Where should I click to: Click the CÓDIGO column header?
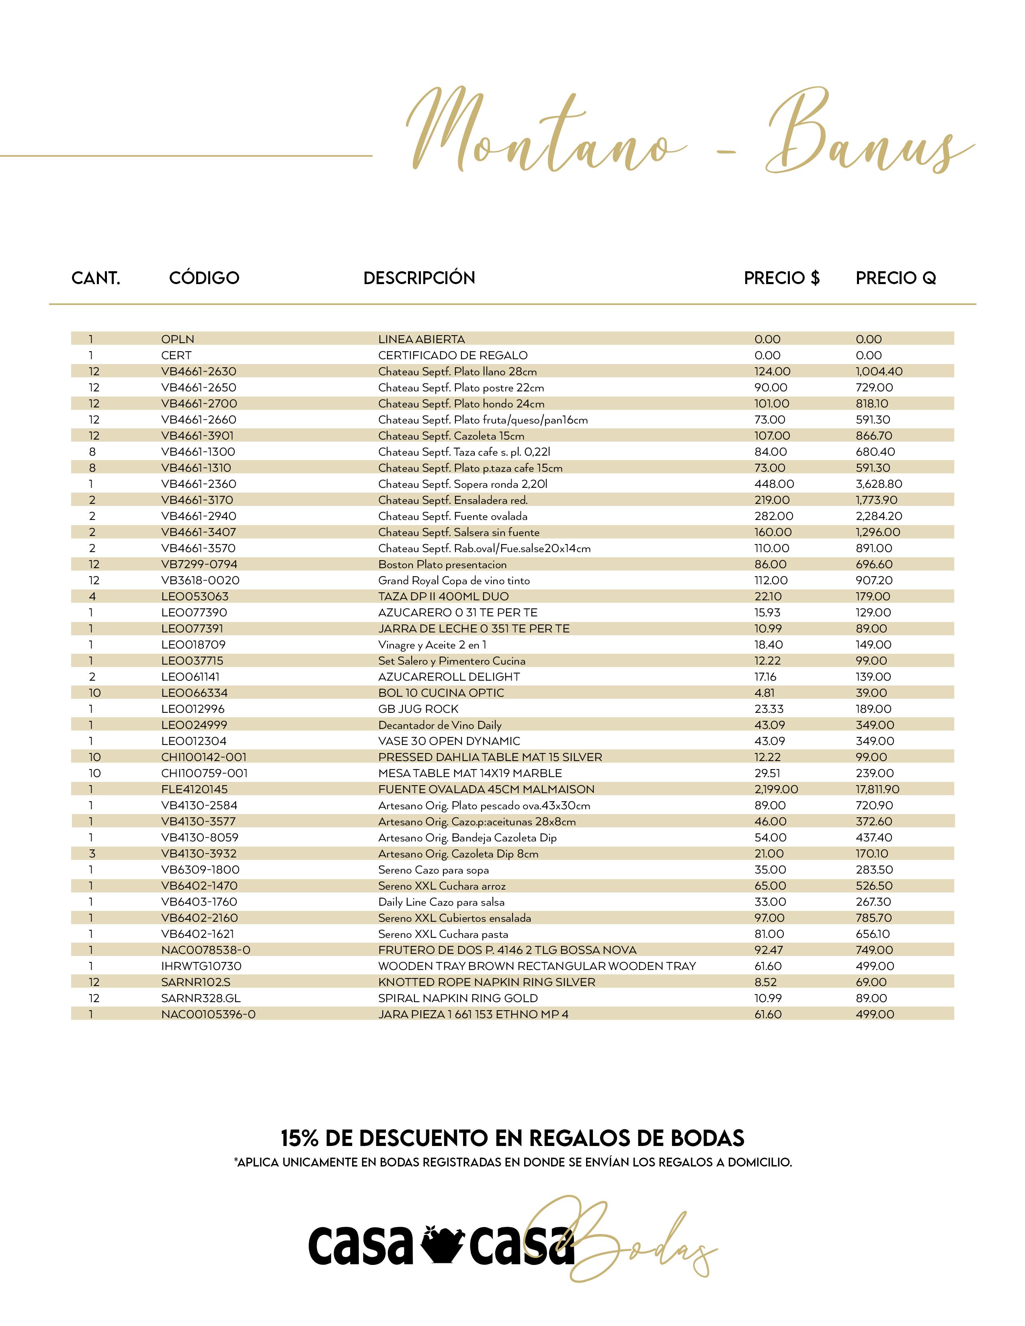click(204, 278)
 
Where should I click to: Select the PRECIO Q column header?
click(895, 278)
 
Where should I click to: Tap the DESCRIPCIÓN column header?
click(419, 278)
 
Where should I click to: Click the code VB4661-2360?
click(199, 484)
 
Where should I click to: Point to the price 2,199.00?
click(776, 789)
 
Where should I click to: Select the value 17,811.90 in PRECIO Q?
click(877, 789)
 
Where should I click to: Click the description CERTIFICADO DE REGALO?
click(452, 355)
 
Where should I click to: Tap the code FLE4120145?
click(194, 789)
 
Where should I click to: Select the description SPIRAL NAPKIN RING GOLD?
click(457, 998)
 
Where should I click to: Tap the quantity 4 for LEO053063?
click(92, 597)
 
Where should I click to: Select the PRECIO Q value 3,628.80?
click(879, 484)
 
